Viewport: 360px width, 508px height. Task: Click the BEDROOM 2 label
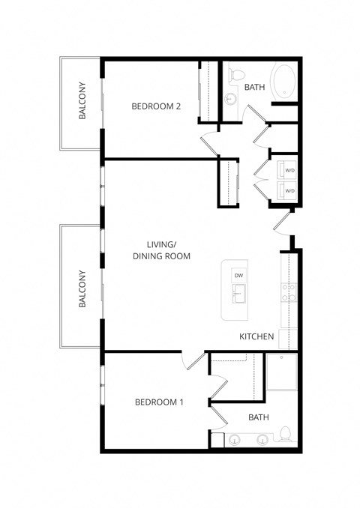tap(156, 106)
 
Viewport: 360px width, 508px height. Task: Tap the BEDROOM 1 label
tap(159, 402)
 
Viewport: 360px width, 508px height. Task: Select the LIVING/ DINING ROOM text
tap(161, 250)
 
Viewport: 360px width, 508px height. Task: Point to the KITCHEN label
tap(256, 337)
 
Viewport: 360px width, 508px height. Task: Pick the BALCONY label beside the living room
tap(81, 288)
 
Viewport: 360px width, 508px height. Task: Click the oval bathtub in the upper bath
tap(285, 82)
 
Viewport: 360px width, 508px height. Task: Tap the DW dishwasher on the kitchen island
tap(238, 276)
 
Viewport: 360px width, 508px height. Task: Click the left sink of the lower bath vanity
tap(234, 440)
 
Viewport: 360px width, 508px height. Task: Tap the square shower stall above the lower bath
tap(282, 372)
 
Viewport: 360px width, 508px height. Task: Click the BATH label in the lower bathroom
tap(258, 417)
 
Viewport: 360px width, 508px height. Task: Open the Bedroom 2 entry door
tap(208, 140)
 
